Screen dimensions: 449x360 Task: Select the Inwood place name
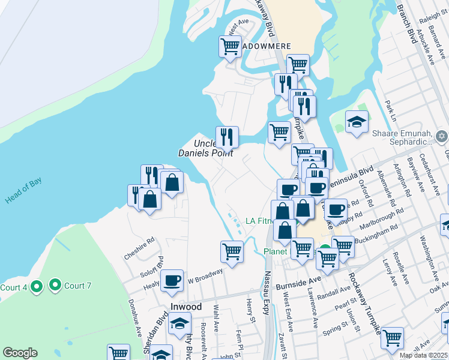(186, 306)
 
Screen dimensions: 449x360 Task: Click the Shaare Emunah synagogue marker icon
(442, 136)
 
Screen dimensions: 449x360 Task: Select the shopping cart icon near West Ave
(230, 46)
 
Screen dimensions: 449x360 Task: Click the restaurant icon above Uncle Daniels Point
(227, 137)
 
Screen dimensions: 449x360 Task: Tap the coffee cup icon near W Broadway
(172, 280)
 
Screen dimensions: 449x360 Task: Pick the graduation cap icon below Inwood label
(178, 324)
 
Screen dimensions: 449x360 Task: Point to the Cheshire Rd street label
(139, 247)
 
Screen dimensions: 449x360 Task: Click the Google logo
(20, 353)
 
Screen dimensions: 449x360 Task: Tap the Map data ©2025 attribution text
(424, 355)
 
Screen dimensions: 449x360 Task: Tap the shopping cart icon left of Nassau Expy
(231, 251)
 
